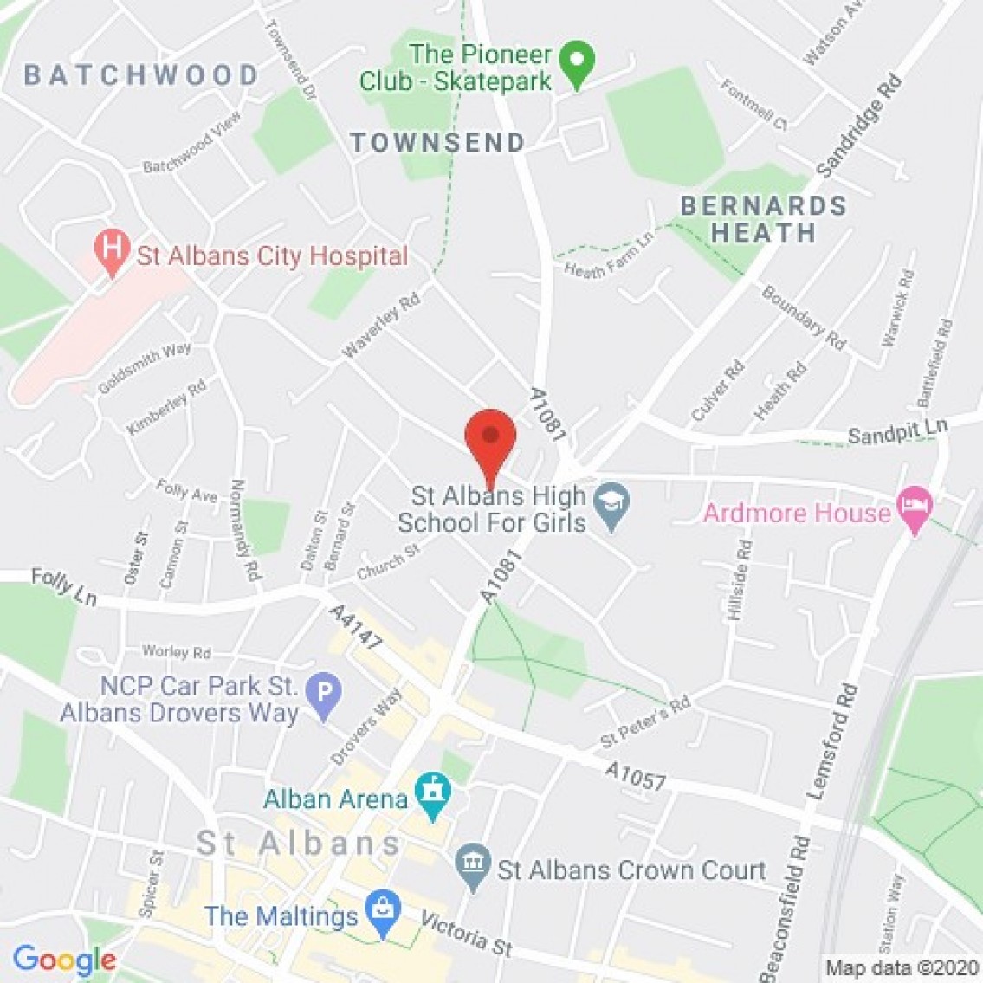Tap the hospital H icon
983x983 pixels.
(111, 249)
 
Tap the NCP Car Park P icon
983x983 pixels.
(325, 694)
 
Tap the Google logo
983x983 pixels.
(64, 960)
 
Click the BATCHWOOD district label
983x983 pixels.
(141, 74)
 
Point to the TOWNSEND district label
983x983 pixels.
(437, 142)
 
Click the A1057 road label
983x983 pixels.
(637, 776)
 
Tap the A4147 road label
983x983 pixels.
(355, 628)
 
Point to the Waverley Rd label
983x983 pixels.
(381, 326)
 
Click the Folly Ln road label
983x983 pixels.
(64, 586)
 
